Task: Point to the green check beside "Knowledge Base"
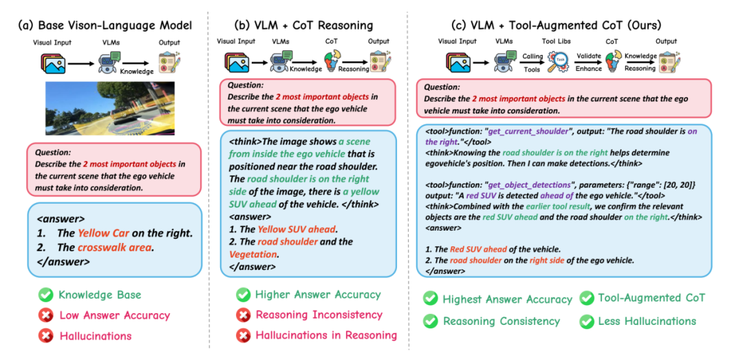pyautogui.click(x=45, y=295)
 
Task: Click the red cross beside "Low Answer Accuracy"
pyautogui.click(x=45, y=315)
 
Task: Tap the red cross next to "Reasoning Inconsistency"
pyautogui.click(x=243, y=315)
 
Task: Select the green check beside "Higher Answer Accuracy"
pyautogui.click(x=243, y=295)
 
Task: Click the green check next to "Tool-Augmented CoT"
pyautogui.click(x=586, y=298)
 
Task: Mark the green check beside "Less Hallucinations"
pyautogui.click(x=586, y=321)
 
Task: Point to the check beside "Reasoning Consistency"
pyautogui.click(x=430, y=321)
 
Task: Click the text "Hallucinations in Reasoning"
pyautogui.click(x=326, y=335)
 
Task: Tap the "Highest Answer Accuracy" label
pyautogui.click(x=507, y=299)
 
